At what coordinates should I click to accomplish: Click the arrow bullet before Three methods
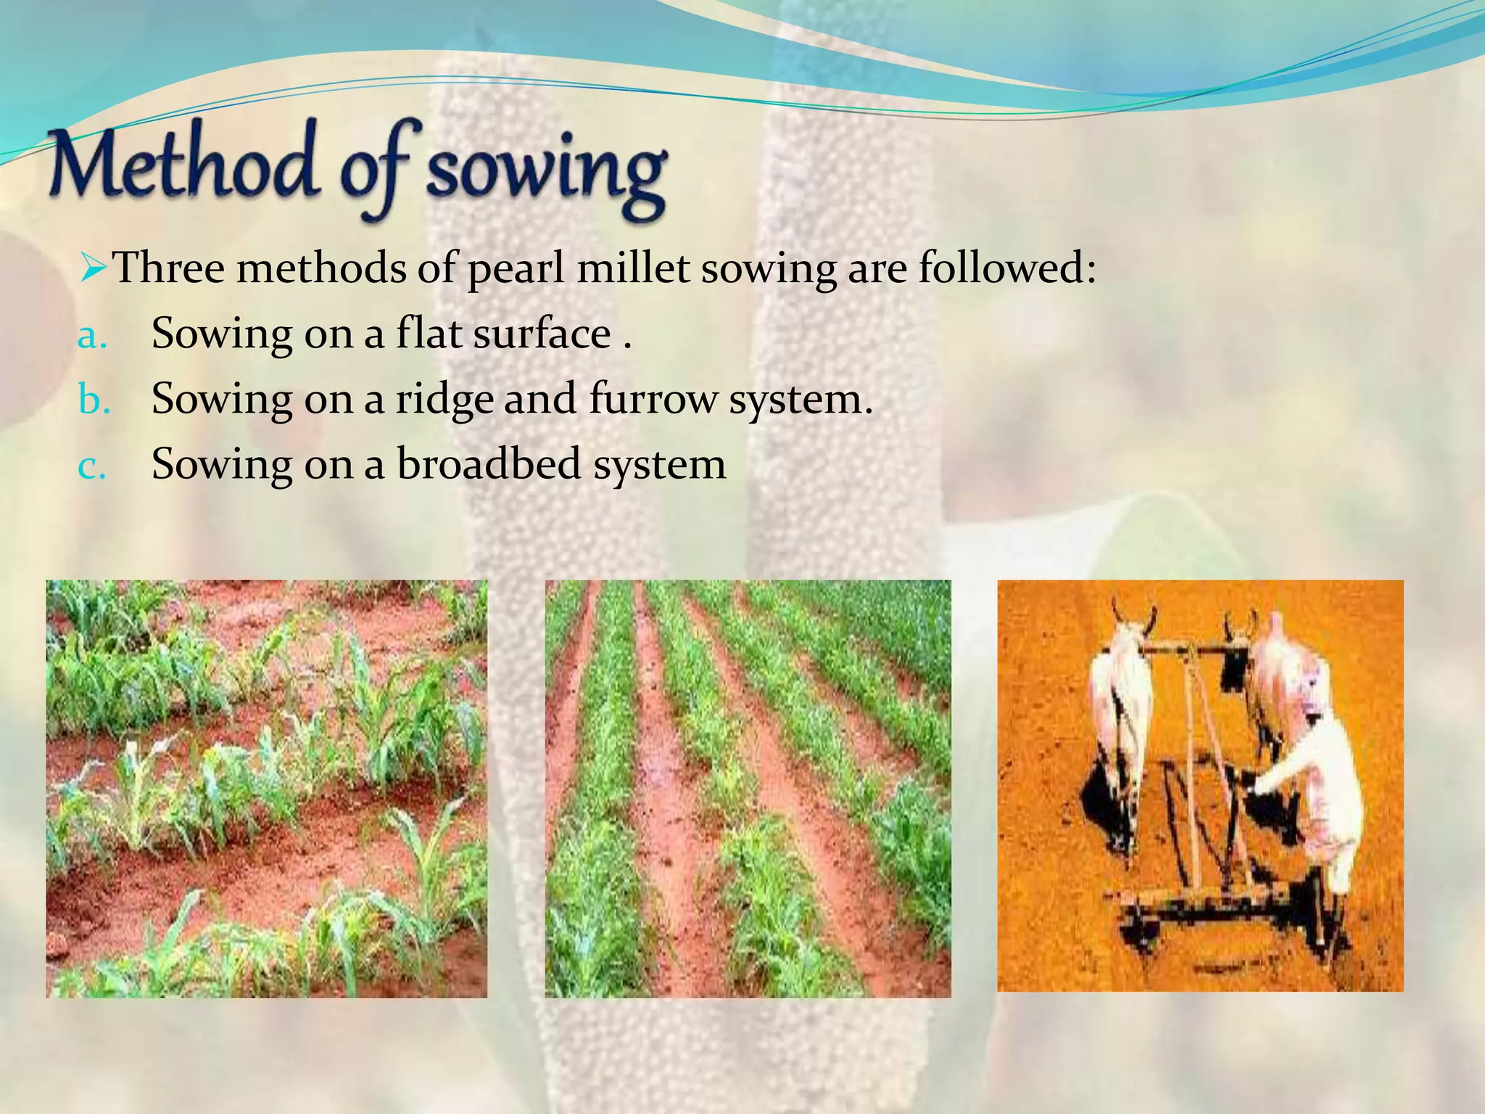pyautogui.click(x=94, y=268)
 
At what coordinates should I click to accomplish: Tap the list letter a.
pyautogui.click(x=92, y=335)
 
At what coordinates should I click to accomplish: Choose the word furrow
pyautogui.click(x=653, y=400)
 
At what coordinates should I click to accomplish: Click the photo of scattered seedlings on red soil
pyautogui.click(x=267, y=788)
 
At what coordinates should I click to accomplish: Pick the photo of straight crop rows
pyautogui.click(x=748, y=788)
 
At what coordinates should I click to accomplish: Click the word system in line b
pyautogui.click(x=801, y=400)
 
